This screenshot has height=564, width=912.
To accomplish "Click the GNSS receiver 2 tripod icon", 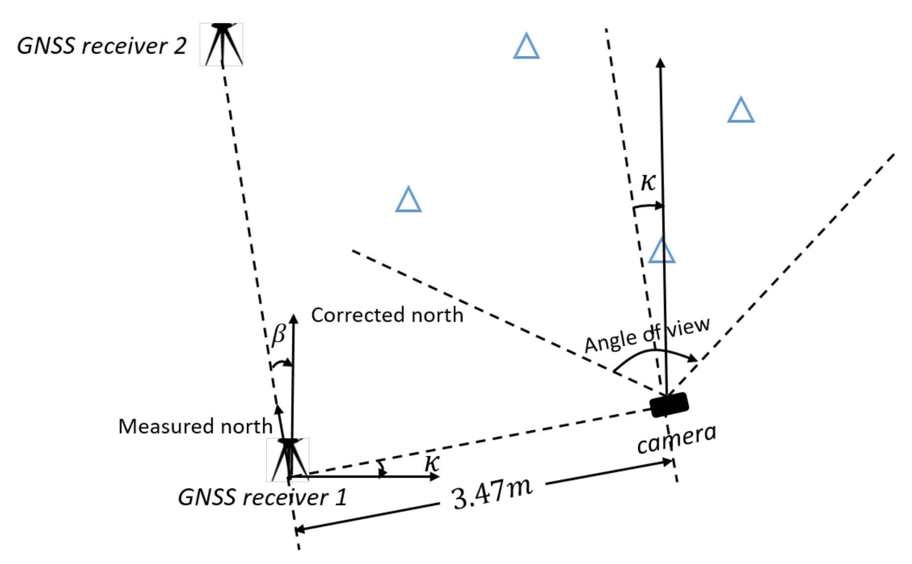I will pyautogui.click(x=222, y=44).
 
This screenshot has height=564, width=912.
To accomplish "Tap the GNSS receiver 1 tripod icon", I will pyautogui.click(x=288, y=459).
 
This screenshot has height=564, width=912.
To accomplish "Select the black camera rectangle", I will pyautogui.click(x=669, y=405).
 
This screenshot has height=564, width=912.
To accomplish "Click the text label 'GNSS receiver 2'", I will pyautogui.click(x=102, y=46).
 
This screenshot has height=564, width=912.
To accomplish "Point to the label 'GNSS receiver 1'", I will pyautogui.click(x=262, y=498).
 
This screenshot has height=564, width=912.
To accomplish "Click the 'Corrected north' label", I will pyautogui.click(x=387, y=315).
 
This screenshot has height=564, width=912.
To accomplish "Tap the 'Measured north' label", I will pyautogui.click(x=195, y=426).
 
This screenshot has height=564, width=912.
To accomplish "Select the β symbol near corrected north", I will pyautogui.click(x=279, y=334).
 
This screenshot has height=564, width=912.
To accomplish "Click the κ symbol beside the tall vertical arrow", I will pyautogui.click(x=648, y=182).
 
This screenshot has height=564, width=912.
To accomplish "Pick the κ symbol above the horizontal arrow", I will pyautogui.click(x=432, y=463).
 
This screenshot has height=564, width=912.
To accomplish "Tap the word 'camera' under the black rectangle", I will pyautogui.click(x=677, y=439).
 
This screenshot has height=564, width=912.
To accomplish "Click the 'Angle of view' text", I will pyautogui.click(x=647, y=335).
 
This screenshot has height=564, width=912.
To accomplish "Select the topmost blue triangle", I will pyautogui.click(x=526, y=47).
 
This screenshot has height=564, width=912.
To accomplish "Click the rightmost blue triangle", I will pyautogui.click(x=741, y=111).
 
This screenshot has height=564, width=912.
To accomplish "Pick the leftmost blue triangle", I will pyautogui.click(x=408, y=201).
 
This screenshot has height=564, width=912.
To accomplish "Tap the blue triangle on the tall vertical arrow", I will pyautogui.click(x=662, y=252).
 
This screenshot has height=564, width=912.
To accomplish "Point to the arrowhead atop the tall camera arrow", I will pyautogui.click(x=660, y=62).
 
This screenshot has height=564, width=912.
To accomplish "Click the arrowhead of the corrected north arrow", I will pyautogui.click(x=293, y=319).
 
